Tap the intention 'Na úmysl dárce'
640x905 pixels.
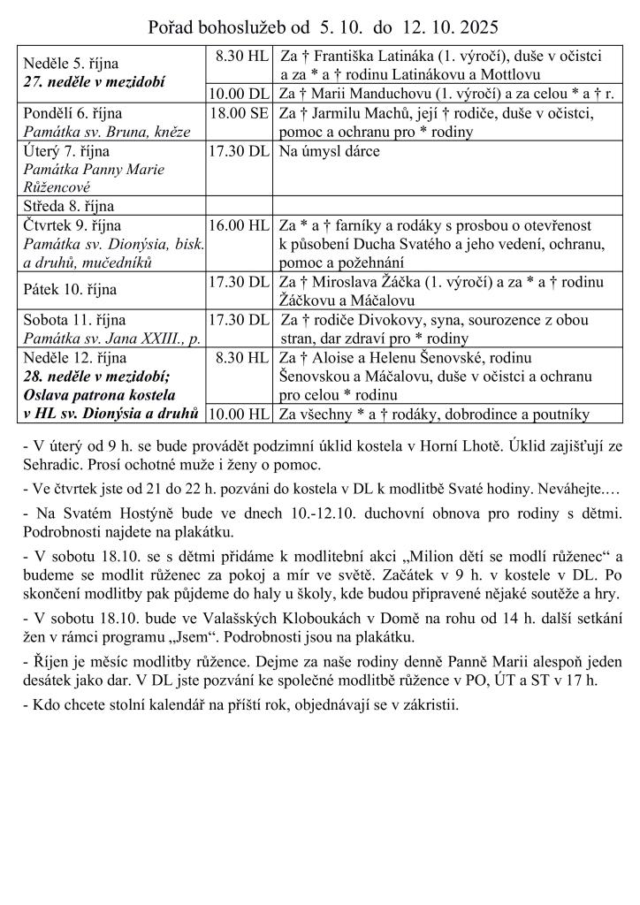(x=330, y=151)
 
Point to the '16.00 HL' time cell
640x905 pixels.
(x=239, y=225)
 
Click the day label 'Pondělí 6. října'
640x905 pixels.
(x=72, y=114)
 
